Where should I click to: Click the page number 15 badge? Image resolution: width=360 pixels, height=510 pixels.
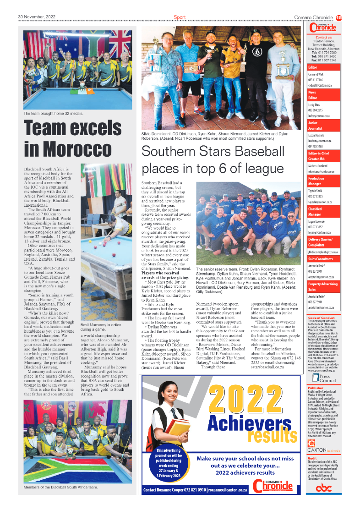click(x=339, y=17)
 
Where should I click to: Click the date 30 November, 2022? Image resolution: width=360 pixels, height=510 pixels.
click(x=37, y=17)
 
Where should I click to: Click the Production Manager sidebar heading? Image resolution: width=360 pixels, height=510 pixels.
click(x=316, y=181)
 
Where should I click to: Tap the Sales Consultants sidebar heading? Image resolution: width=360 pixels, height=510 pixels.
click(x=321, y=259)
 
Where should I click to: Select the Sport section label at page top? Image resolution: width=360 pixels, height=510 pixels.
click(x=180, y=17)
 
